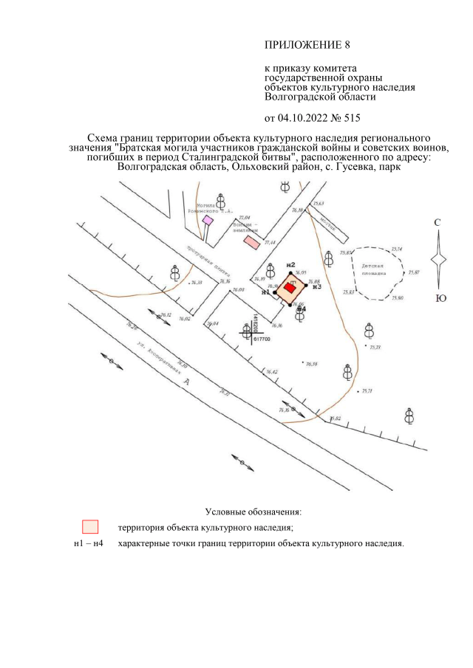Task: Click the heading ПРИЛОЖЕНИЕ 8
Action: click(x=307, y=44)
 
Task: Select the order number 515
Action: click(x=352, y=117)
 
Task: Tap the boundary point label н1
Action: click(x=266, y=292)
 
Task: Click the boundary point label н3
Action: click(x=316, y=286)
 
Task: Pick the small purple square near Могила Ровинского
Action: click(x=208, y=220)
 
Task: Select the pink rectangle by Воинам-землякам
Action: click(x=253, y=241)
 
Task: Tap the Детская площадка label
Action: click(x=375, y=268)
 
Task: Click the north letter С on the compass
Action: click(x=438, y=222)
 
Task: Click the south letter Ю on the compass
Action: click(x=440, y=298)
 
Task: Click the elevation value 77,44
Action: click(x=269, y=243)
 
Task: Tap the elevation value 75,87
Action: click(x=413, y=273)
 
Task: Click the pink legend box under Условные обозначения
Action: click(x=90, y=527)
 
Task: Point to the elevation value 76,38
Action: click(x=197, y=283)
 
